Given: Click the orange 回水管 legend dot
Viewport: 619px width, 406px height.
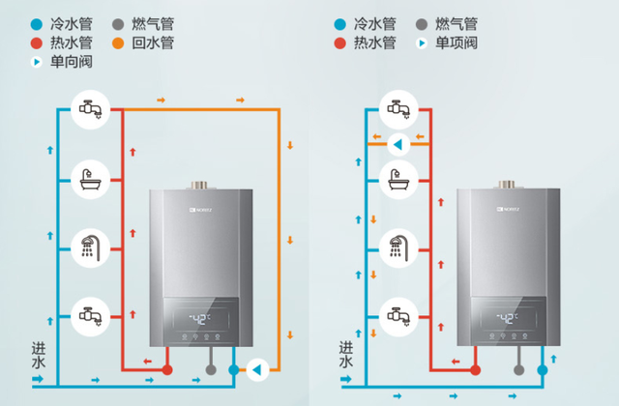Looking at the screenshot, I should [x=125, y=43].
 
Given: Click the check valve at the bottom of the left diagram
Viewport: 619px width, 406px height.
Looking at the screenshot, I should [x=257, y=368].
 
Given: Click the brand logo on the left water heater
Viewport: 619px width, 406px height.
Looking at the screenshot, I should [x=176, y=206].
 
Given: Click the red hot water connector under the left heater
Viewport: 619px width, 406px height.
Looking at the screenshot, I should [x=166, y=369].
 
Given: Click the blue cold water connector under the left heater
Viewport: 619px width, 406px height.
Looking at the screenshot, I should [x=233, y=369].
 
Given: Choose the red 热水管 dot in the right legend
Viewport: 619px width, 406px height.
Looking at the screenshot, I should [x=340, y=43].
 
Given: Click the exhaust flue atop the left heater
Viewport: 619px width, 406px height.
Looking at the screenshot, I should [x=202, y=183].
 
